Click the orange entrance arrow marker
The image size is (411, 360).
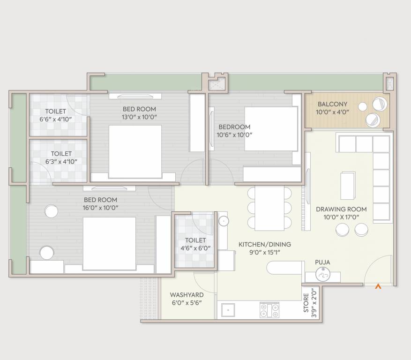click(x=378, y=286)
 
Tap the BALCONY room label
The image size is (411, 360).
click(x=332, y=108)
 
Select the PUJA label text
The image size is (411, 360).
click(x=322, y=262)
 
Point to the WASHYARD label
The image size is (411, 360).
click(x=187, y=299)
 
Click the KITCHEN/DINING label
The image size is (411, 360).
click(x=265, y=248)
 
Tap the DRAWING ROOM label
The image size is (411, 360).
click(x=341, y=213)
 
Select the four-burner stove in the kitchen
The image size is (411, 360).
click(x=269, y=310)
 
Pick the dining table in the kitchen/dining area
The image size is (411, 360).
click(x=269, y=209)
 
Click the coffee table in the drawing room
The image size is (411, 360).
click(x=348, y=185)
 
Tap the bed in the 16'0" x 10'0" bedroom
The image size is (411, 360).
click(x=109, y=243)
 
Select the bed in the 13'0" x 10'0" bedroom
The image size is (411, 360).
click(x=135, y=151)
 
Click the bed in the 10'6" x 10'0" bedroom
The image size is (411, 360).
click(x=270, y=129)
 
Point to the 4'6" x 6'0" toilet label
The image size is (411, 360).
click(x=195, y=244)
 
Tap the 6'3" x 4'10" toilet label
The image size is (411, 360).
click(x=61, y=157)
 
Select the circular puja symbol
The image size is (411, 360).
click(x=322, y=275)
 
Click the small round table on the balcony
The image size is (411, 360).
click(x=362, y=106)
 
